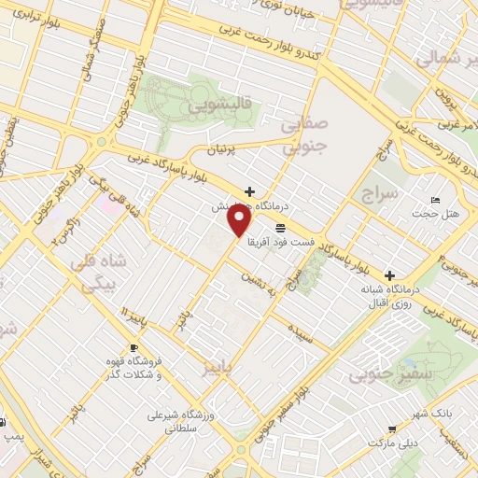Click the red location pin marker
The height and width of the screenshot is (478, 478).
point(240,220)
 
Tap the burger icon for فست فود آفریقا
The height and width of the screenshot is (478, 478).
point(280,228)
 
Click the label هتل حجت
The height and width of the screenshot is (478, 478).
point(441,215)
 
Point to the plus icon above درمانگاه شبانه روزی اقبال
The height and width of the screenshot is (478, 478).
point(389,275)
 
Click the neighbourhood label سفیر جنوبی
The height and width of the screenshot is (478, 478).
point(381,376)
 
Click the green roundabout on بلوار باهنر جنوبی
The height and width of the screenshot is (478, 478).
point(101,142)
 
